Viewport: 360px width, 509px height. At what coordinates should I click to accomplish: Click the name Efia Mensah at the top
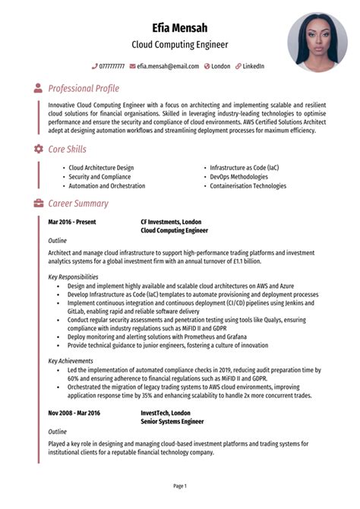coord(180,27)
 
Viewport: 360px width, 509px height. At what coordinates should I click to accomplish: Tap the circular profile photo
coord(317,42)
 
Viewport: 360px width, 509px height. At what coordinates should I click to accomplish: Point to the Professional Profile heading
coord(84,89)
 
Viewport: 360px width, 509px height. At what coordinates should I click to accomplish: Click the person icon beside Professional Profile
coord(38,89)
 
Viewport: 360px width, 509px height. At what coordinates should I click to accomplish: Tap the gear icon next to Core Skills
coord(38,149)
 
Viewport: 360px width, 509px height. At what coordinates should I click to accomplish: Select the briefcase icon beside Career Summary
coord(38,204)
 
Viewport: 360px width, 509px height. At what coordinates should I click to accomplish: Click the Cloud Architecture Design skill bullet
coord(101,167)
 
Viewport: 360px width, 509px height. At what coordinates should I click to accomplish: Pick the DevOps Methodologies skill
coord(239,176)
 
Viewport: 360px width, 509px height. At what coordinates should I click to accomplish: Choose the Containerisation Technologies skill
coord(248,185)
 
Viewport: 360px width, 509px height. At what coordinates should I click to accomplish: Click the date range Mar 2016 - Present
coord(72,222)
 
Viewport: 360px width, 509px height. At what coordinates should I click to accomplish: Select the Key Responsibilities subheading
coord(73,277)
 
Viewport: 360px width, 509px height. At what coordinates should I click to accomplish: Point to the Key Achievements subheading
coord(71,361)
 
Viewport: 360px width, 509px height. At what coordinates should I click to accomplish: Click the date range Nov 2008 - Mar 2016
coord(74,413)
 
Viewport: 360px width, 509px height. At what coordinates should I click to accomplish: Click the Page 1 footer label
coord(180,485)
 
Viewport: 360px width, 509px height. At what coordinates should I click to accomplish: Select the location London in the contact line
coord(220,66)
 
